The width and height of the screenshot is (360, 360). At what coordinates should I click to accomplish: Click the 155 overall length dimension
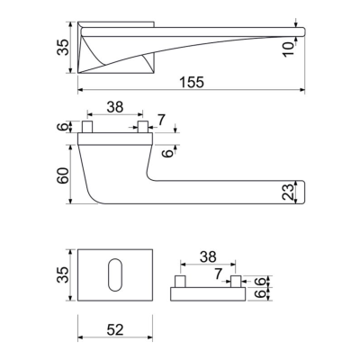pos(192,81)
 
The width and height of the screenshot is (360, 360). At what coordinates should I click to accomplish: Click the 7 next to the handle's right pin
pos(161,120)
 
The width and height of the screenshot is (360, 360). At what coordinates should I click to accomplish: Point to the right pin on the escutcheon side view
pos(237,283)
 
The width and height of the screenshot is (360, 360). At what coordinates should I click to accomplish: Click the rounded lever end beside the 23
pos(299,191)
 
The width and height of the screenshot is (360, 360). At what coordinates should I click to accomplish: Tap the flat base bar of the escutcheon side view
pos(209,293)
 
